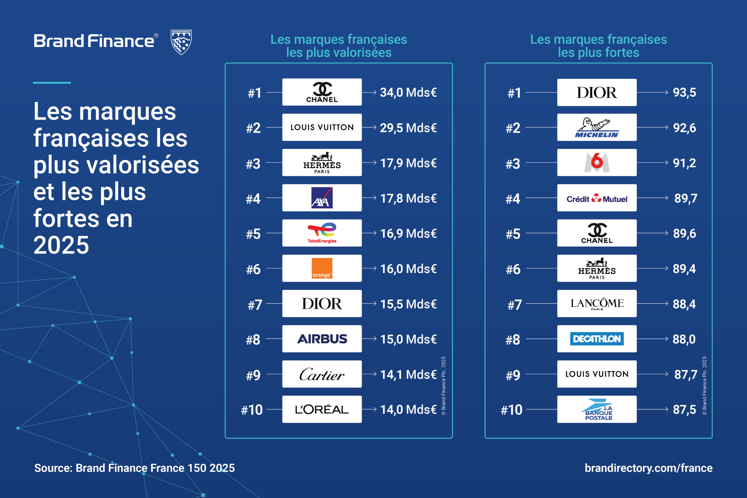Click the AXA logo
coord(322,198)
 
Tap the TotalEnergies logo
coord(322,233)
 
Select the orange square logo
coord(322,268)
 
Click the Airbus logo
coord(322,339)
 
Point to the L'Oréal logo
coord(322,409)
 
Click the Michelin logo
coord(597,128)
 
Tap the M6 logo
coord(597,162)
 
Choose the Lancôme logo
coord(597,304)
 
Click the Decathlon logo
coord(597,339)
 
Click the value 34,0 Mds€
coord(408,92)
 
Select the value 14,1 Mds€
coord(408,375)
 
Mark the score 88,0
coord(684,339)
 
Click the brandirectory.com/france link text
coord(649,468)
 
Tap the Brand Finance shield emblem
coord(181,42)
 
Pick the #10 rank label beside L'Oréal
coord(252,410)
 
